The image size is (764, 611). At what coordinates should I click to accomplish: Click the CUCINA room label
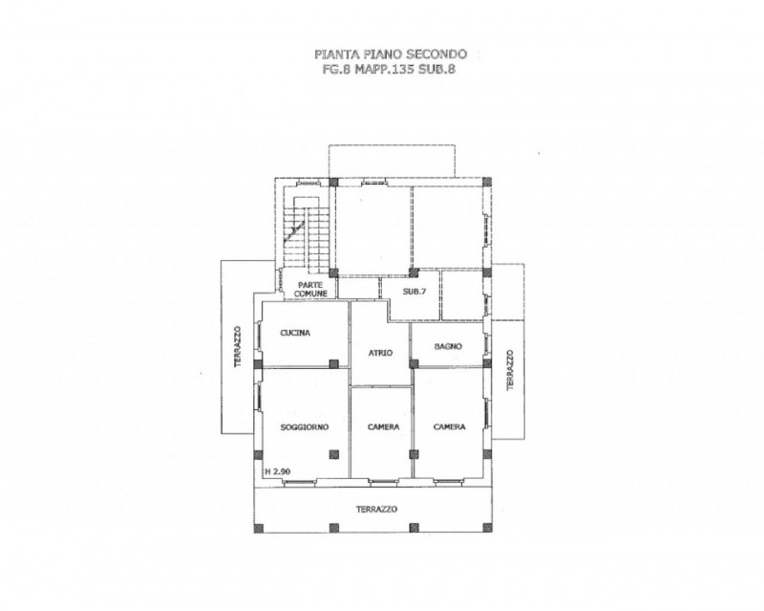tap(295, 333)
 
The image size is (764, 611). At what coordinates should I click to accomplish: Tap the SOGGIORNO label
tap(305, 427)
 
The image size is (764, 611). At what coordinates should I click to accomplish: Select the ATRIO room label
tap(380, 353)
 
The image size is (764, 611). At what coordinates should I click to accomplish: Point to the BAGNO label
tap(448, 346)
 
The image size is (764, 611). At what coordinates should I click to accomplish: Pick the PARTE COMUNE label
tap(311, 290)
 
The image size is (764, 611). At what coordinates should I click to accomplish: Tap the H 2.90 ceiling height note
tap(278, 471)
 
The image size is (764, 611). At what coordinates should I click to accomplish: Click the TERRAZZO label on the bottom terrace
tap(376, 509)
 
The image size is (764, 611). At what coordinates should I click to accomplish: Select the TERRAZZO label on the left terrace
tap(237, 346)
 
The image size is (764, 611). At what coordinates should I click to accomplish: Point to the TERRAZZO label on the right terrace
tap(510, 369)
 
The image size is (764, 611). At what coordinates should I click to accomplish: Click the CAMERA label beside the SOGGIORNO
tap(384, 427)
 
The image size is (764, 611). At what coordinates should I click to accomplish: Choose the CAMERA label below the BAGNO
tap(449, 427)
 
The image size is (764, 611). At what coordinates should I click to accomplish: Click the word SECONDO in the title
tap(437, 54)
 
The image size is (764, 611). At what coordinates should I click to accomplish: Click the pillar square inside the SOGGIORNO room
tap(333, 454)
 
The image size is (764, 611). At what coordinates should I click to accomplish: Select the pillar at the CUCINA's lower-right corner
tap(333, 363)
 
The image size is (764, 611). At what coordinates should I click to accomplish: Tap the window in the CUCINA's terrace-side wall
tap(259, 338)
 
